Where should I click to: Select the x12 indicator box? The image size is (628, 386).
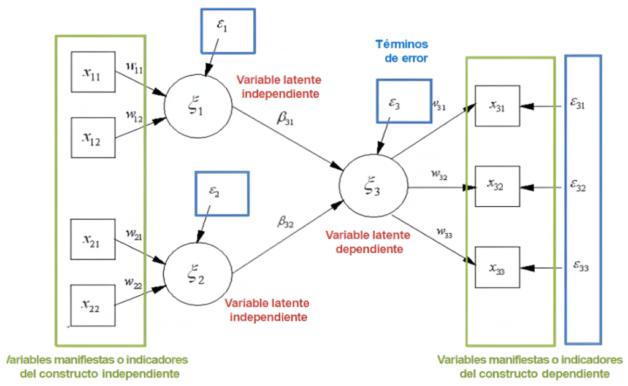coord(93,136)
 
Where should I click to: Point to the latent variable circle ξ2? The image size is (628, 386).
coord(198,272)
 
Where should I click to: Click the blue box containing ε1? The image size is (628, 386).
coord(226,31)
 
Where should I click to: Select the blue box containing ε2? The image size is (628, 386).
coord(221,193)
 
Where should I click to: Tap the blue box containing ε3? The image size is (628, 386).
coord(404,101)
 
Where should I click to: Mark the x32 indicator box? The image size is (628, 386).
coord(497,187)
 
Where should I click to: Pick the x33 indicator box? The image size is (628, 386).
coord(497,267)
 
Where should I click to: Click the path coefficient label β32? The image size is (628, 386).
coord(285,223)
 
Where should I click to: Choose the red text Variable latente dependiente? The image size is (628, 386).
coord(364,242)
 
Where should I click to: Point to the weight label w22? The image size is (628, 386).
coord(133,283)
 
